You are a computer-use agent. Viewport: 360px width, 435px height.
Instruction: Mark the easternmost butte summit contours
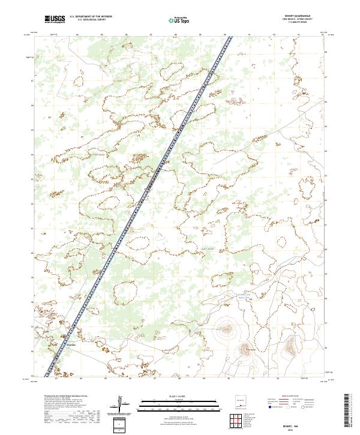(x=290, y=344)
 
